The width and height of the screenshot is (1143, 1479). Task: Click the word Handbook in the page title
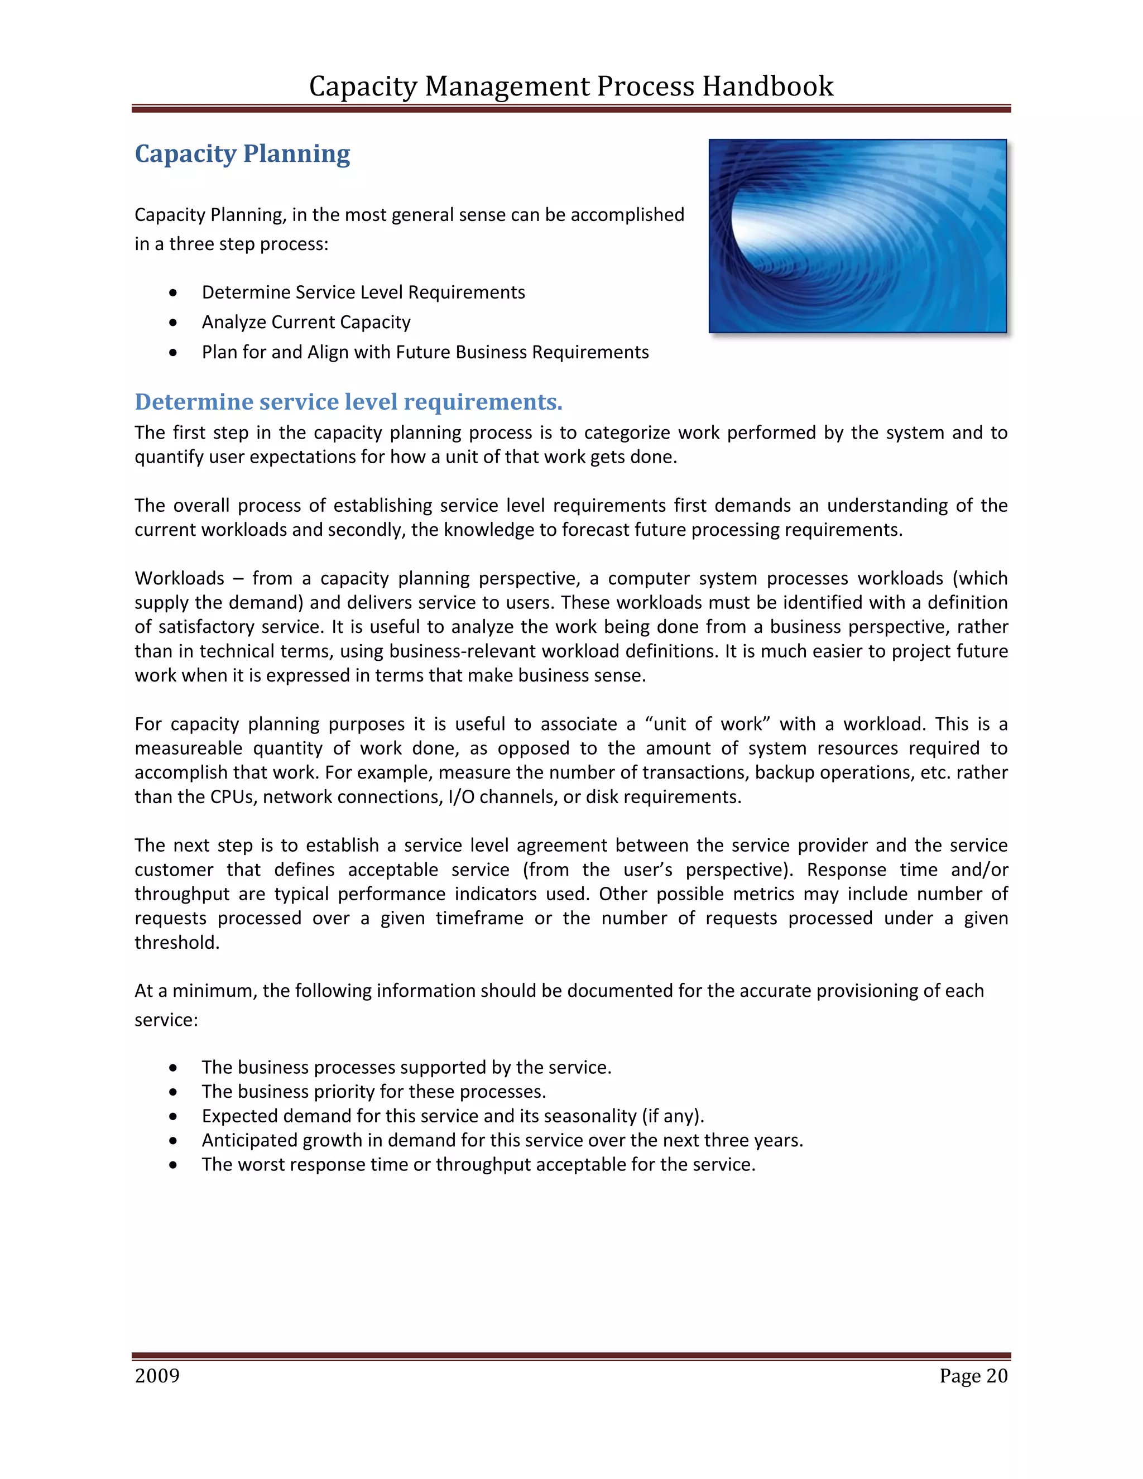click(x=767, y=87)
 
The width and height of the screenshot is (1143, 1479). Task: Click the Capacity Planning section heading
click(x=242, y=153)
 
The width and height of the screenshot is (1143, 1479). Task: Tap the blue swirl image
click(x=857, y=236)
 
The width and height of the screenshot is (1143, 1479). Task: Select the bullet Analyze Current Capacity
click(x=306, y=323)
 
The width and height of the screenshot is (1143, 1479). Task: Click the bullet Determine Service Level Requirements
click(x=363, y=292)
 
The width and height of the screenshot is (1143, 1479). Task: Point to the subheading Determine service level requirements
click(x=348, y=402)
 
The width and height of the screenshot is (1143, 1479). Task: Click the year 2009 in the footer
click(x=157, y=1376)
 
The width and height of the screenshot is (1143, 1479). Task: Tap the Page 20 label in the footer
click(x=973, y=1376)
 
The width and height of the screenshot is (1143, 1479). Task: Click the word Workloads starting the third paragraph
click(x=180, y=578)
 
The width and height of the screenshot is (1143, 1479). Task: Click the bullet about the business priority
click(x=374, y=1092)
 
